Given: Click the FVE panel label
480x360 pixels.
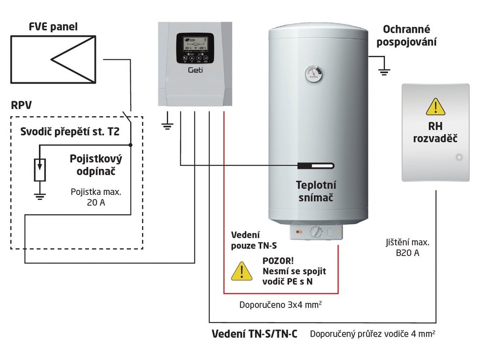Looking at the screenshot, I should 53,27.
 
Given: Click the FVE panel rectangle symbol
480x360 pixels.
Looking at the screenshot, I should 53,60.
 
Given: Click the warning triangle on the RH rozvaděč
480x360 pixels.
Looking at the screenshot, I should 435,107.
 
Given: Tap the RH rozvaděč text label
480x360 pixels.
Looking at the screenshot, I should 435,133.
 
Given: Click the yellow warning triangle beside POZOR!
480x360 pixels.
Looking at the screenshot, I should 242,271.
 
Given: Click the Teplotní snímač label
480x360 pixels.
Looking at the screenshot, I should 316,191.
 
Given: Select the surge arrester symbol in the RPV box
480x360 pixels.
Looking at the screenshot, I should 40,170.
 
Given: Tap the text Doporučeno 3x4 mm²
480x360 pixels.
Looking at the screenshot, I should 280,305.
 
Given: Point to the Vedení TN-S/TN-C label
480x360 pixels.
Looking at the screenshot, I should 255,334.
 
